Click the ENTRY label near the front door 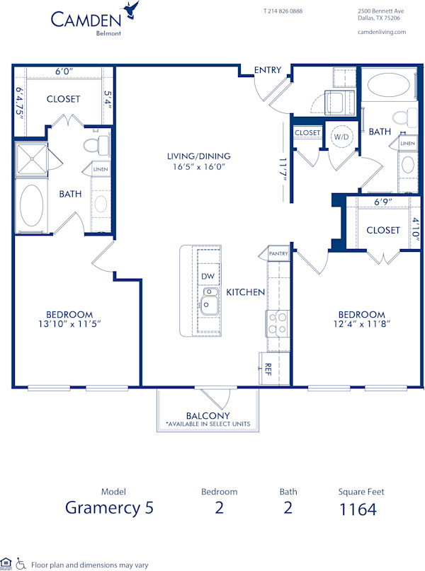(x=268, y=70)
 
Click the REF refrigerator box (x=268, y=368)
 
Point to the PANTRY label (x=278, y=253)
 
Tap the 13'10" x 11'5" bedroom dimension (x=69, y=325)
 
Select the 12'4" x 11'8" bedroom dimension (x=361, y=325)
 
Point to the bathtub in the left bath (x=31, y=205)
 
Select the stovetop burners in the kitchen (x=277, y=323)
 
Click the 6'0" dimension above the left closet (x=64, y=71)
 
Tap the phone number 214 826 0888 (x=283, y=11)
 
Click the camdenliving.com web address (x=382, y=32)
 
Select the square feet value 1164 (x=357, y=509)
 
